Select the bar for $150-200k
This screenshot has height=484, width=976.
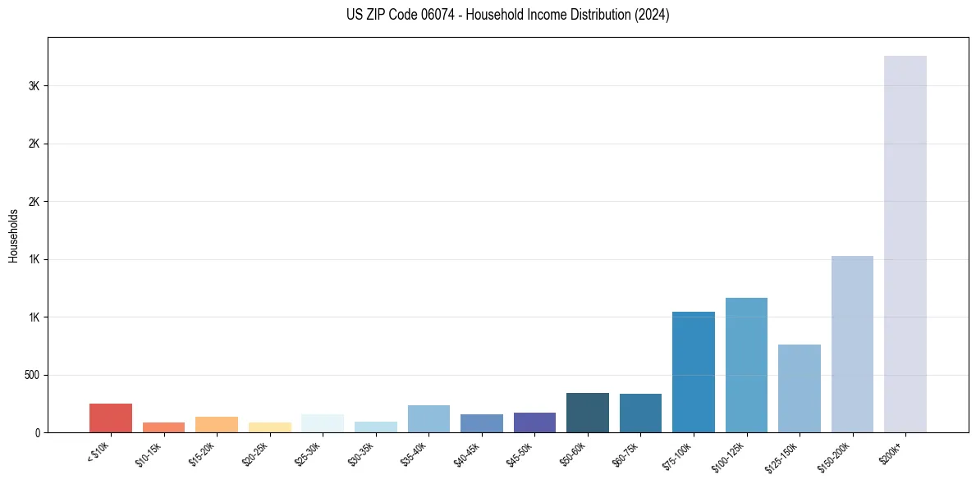[852, 344]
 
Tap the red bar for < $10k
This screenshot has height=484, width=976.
[111, 418]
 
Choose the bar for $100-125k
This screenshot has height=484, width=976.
[746, 365]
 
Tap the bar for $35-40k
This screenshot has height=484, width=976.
[428, 418]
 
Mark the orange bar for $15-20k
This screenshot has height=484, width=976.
[217, 424]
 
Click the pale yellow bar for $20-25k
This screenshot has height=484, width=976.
[269, 427]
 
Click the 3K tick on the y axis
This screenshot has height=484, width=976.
[34, 86]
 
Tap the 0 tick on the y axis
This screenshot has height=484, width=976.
[38, 432]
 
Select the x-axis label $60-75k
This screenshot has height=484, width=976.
[627, 454]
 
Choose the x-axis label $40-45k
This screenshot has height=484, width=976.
[468, 454]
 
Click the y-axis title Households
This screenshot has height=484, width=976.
[13, 235]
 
